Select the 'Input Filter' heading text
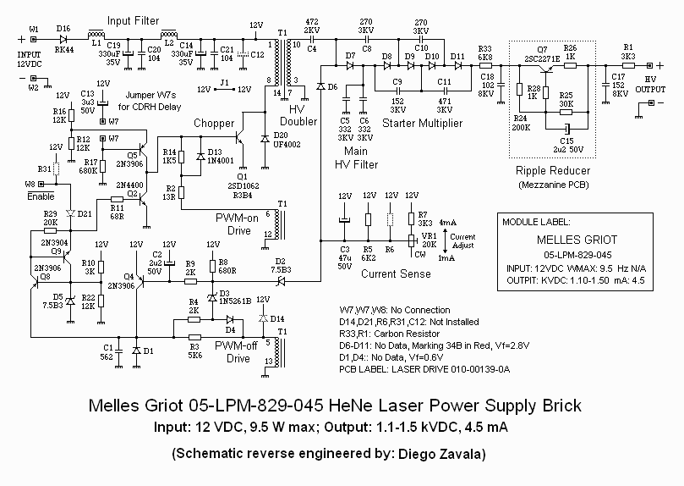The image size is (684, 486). (134, 18)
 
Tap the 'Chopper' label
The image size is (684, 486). (214, 124)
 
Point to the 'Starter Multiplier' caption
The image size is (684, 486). (423, 124)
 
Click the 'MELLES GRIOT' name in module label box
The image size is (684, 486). (573, 240)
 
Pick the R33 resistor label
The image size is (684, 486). (484, 48)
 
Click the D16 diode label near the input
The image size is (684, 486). (63, 29)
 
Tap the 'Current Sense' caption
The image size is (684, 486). (390, 274)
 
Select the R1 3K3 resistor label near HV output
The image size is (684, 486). (628, 52)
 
